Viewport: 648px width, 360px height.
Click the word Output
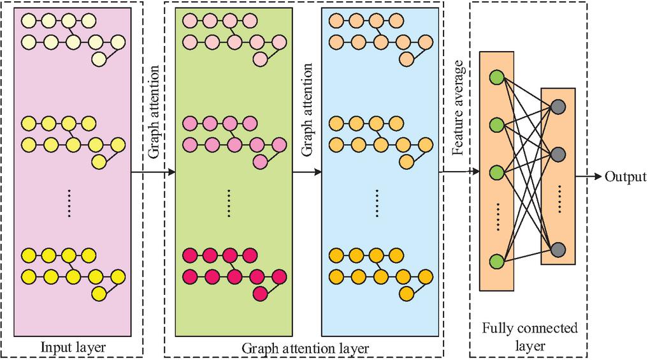[626, 177]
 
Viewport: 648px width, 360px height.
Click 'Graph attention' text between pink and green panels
[153, 124]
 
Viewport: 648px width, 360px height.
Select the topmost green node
[497, 79]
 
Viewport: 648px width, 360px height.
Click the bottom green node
[497, 261]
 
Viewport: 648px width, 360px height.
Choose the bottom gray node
[558, 248]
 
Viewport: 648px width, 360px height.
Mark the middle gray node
[558, 154]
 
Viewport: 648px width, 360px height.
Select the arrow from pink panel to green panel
[153, 172]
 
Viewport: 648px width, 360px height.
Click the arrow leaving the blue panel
[459, 172]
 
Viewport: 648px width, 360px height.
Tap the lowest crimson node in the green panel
[259, 294]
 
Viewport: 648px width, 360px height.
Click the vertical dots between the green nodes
[497, 215]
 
